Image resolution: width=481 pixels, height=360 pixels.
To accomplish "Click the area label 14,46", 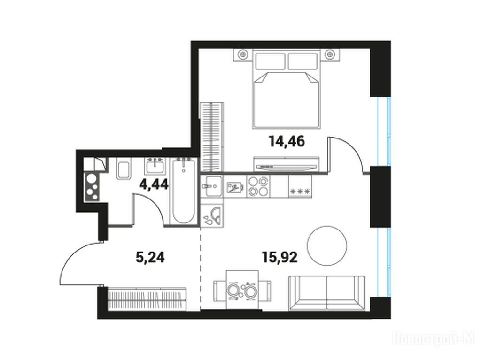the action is point(287,141).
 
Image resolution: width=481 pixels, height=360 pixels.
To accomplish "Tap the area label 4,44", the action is point(154,184).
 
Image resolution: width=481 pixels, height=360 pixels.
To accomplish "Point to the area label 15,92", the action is point(279,257).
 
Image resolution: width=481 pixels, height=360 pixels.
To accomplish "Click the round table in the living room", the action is point(327,245).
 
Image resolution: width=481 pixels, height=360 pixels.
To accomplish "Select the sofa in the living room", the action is point(327,293).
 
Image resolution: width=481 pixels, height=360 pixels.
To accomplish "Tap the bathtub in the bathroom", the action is point(184,190).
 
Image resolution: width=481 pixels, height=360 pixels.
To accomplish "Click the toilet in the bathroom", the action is point(124,169).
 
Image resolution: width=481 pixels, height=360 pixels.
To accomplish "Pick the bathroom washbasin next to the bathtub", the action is point(155,166).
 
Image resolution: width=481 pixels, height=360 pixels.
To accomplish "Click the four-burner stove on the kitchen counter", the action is point(258,186).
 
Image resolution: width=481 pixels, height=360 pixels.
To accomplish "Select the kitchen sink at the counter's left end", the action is point(212,186).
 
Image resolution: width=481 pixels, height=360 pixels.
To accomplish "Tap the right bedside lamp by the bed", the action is point(330,54).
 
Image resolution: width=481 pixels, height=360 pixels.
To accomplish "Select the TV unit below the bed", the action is point(287,164).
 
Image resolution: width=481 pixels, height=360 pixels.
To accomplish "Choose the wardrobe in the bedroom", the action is point(212,137).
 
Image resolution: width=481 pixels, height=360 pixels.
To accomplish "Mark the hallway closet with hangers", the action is point(147,299).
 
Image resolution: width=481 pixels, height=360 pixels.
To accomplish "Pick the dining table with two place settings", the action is point(242,290).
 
